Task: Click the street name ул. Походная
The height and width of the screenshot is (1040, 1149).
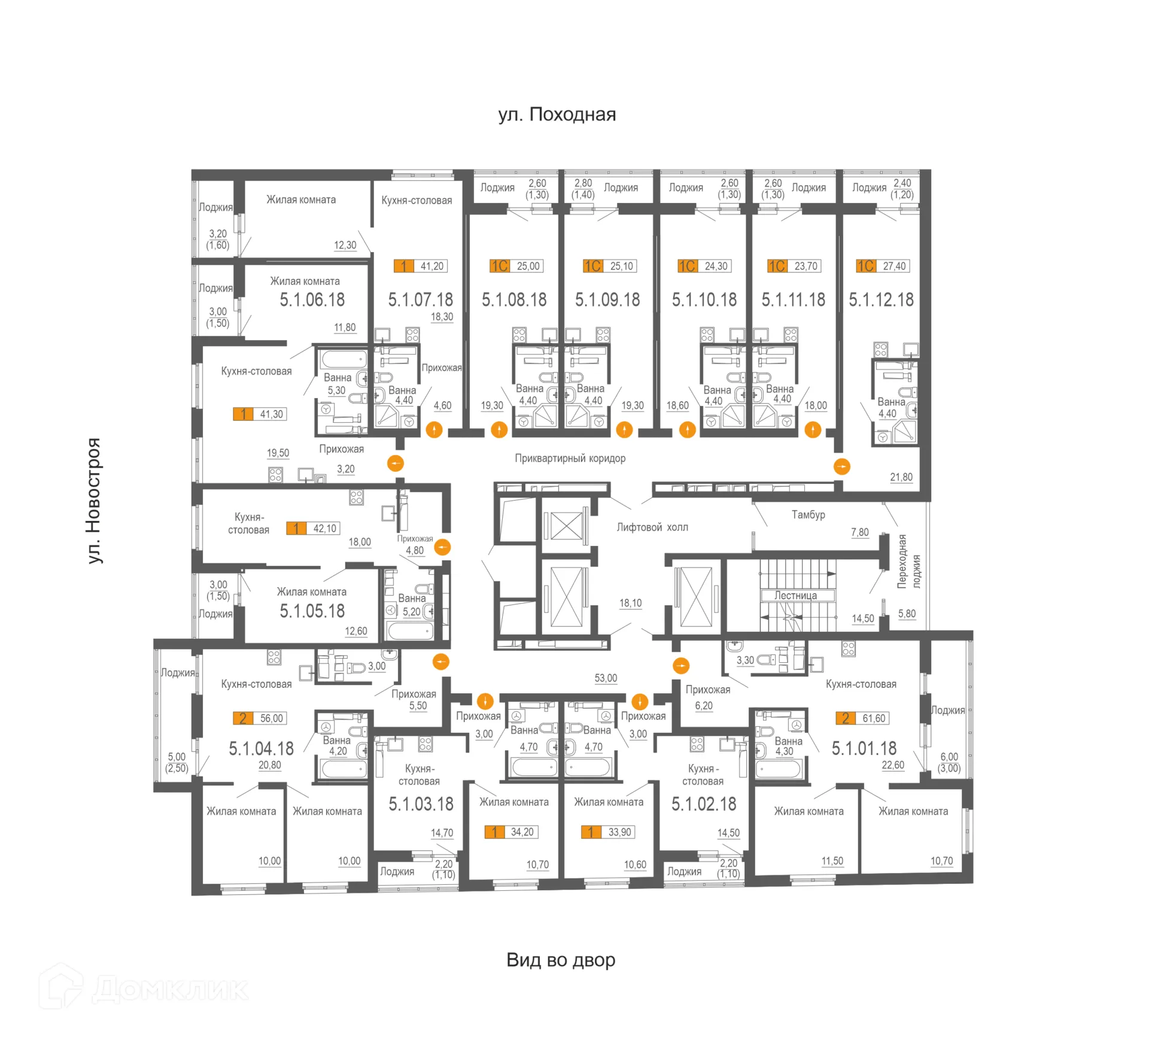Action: [557, 114]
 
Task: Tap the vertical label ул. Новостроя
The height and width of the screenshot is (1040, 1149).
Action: [93, 501]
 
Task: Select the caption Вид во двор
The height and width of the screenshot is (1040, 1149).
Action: [561, 960]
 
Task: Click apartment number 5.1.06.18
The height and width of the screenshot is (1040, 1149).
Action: [312, 299]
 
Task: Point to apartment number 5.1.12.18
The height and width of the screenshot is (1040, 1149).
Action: [881, 299]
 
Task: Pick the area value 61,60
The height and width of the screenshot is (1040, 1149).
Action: [874, 718]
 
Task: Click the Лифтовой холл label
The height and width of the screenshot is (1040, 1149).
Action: [652, 527]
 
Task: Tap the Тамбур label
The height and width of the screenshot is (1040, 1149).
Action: [808, 514]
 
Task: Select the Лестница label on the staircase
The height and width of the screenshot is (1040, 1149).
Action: [795, 595]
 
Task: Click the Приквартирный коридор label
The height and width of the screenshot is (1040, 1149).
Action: [570, 458]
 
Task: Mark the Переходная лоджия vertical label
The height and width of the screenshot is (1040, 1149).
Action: [909, 562]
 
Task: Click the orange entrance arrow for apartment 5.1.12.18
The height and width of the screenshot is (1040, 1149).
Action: [841, 466]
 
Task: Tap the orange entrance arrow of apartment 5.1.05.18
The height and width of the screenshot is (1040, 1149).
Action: [442, 547]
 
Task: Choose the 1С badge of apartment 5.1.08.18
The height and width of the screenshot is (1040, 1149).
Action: [499, 266]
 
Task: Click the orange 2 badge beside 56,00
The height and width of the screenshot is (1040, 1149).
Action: [242, 718]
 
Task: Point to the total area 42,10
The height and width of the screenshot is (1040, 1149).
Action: [325, 529]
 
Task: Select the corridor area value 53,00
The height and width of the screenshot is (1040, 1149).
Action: [606, 678]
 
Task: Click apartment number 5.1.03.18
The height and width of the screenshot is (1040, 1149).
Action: [421, 804]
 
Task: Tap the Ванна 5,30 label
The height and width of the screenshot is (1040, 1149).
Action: [337, 384]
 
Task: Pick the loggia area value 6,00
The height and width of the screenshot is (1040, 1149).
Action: [949, 757]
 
